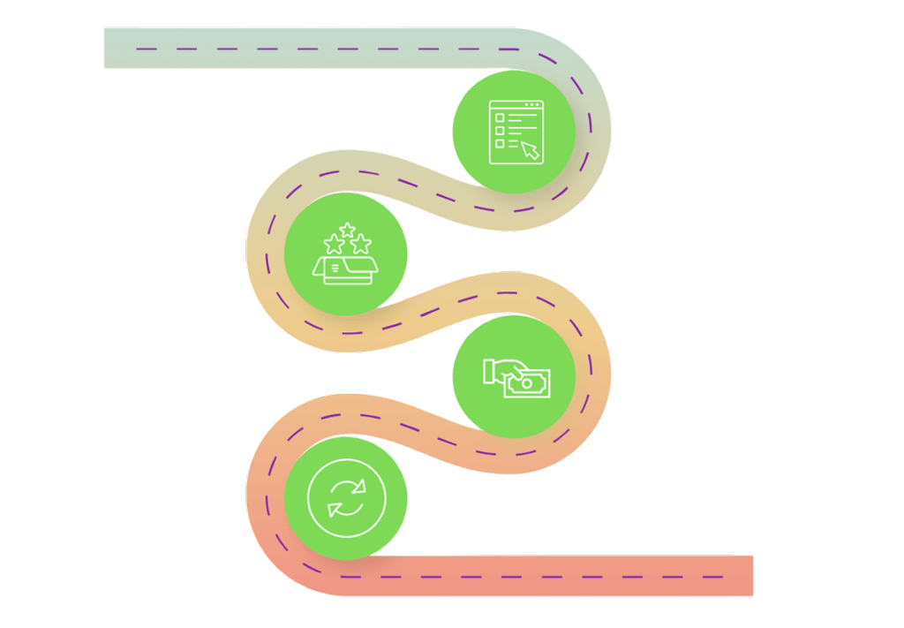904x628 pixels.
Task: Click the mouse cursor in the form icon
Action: [x=530, y=149]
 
